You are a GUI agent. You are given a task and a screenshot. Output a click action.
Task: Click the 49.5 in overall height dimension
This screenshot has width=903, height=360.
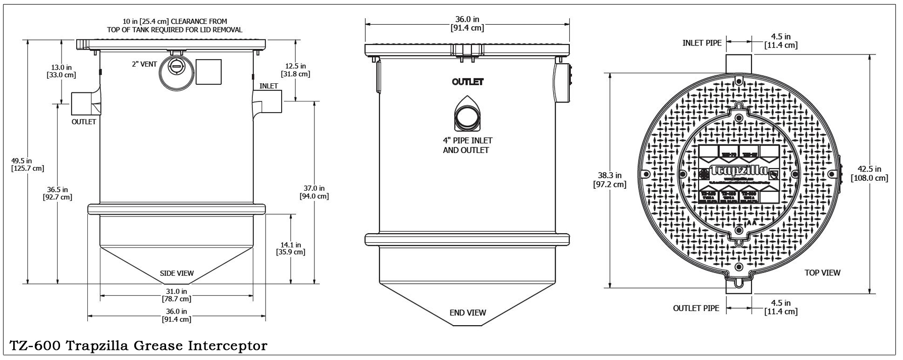pyautogui.click(x=27, y=164)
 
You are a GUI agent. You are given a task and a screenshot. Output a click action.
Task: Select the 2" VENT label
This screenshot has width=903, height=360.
pyautogui.click(x=144, y=65)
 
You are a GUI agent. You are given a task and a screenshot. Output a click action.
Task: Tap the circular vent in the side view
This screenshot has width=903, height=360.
pyautogui.click(x=176, y=74)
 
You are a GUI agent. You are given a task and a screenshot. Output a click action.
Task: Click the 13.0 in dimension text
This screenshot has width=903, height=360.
pyautogui.click(x=61, y=71)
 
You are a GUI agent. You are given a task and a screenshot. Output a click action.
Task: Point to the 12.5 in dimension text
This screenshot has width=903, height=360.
pyautogui.click(x=295, y=70)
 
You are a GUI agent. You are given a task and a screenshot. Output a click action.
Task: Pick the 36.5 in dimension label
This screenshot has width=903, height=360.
pyautogui.click(x=57, y=193)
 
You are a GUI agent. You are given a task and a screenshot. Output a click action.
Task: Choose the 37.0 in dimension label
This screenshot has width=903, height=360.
pyautogui.click(x=314, y=192)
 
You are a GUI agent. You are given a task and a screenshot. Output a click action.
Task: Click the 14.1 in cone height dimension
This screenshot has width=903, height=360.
pyautogui.click(x=291, y=248)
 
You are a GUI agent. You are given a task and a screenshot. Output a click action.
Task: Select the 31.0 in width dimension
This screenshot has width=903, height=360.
pyautogui.click(x=176, y=295)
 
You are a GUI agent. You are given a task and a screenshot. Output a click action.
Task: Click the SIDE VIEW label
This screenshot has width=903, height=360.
pyautogui.click(x=177, y=274)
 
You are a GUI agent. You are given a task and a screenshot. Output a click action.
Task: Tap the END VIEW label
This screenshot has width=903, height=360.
pyautogui.click(x=467, y=313)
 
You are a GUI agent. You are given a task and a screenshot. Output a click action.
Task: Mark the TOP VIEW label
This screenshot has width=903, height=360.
pyautogui.click(x=822, y=273)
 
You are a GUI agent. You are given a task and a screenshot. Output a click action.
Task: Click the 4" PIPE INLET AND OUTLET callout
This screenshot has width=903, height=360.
pyautogui.click(x=467, y=145)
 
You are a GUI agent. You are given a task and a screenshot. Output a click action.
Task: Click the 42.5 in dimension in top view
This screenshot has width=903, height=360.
pyautogui.click(x=869, y=173)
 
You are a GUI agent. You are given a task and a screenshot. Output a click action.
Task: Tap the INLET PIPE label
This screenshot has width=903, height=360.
pyautogui.click(x=702, y=43)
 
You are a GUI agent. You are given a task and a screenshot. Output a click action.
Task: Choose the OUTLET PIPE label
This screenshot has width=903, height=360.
pyautogui.click(x=696, y=308)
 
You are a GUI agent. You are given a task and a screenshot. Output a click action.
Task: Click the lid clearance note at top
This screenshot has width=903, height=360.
pyautogui.click(x=175, y=25)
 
